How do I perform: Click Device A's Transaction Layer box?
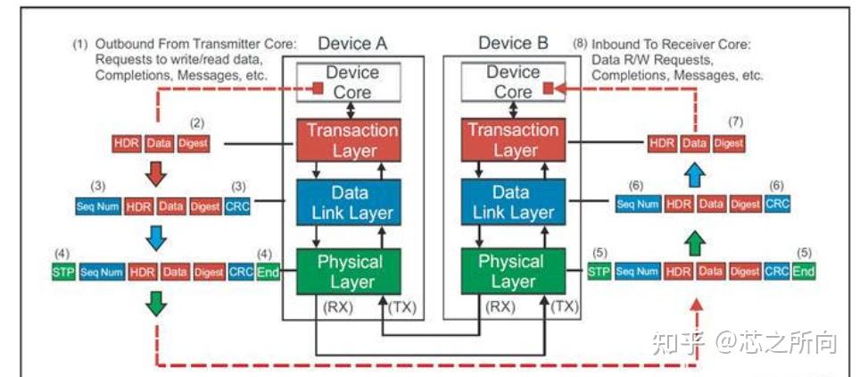348,140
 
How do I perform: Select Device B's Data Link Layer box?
513,202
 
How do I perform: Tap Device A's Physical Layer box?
348,272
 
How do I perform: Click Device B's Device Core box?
513,82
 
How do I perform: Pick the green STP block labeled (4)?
63,272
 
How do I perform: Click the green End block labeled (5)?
804,271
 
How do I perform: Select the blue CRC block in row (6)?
778,205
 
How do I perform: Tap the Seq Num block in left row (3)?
98,206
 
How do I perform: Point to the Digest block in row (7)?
728,144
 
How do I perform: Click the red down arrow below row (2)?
156,174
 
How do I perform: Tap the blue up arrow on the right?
696,176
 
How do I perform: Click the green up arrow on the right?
696,242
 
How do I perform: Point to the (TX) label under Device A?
402,307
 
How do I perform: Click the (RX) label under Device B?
500,307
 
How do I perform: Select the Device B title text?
513,43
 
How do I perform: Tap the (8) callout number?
580,44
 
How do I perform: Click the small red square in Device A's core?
318,88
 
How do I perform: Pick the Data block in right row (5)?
711,271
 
